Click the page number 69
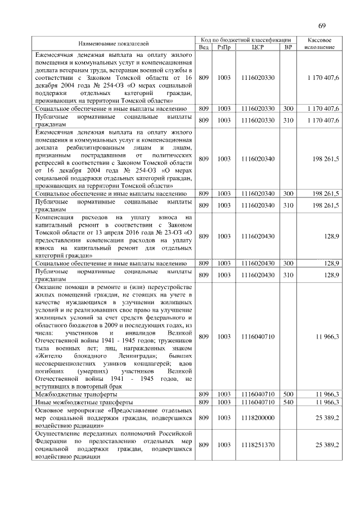[322, 25]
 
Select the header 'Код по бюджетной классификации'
[247, 39]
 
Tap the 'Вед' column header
[204, 47]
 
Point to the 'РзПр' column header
[224, 47]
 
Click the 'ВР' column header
[289, 47]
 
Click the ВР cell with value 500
[289, 395]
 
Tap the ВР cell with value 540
[289, 402]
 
